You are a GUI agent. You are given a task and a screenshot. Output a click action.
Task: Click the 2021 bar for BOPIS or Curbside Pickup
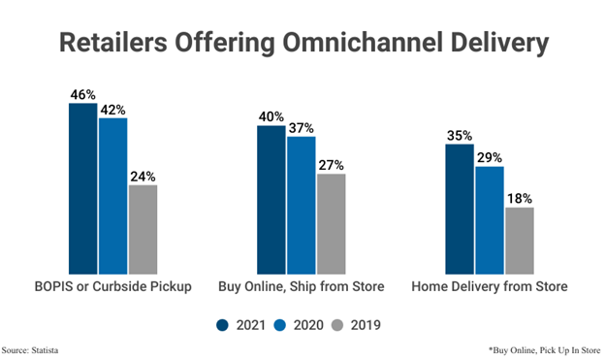pyautogui.click(x=82, y=188)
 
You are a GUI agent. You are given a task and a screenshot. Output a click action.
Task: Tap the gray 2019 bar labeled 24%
pyautogui.click(x=143, y=229)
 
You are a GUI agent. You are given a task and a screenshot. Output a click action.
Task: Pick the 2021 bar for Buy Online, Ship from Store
pyautogui.click(x=271, y=199)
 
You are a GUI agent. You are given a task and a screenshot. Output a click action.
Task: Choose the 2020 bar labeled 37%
pyautogui.click(x=301, y=205)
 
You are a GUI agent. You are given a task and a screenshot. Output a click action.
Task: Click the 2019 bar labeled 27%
pyautogui.click(x=331, y=223)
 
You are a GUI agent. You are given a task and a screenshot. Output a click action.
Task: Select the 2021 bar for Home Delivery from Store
pyautogui.click(x=459, y=209)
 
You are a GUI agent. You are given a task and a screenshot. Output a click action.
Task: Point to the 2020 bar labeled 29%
pyautogui.click(x=489, y=220)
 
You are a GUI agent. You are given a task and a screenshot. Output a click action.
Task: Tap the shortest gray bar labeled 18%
pyautogui.click(x=519, y=241)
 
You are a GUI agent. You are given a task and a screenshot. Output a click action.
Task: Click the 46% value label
pyautogui.click(x=82, y=95)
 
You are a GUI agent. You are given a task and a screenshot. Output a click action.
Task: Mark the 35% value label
pyautogui.click(x=459, y=137)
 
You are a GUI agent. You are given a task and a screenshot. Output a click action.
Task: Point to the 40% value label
pyautogui.click(x=271, y=117)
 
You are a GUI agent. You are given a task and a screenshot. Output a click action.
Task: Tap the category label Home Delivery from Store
pyautogui.click(x=489, y=287)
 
